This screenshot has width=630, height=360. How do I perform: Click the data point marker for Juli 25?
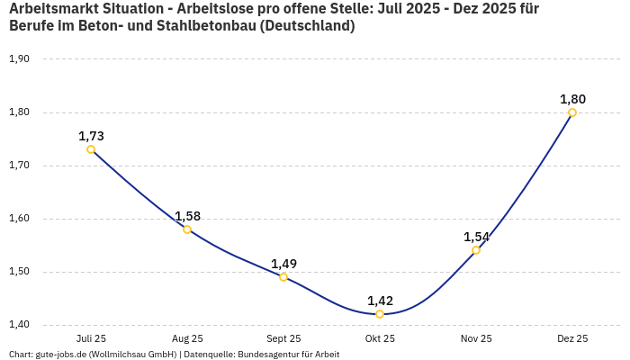pyautogui.click(x=91, y=149)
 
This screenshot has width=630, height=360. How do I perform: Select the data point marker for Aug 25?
pyautogui.click(x=187, y=229)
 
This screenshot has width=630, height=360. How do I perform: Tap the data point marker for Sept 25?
pyautogui.click(x=283, y=277)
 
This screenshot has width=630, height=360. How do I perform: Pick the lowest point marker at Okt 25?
pyautogui.click(x=380, y=314)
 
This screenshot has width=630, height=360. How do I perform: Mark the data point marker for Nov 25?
pyautogui.click(x=476, y=250)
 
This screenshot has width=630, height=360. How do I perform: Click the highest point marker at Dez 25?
pyautogui.click(x=572, y=112)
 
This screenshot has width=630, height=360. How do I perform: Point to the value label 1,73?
pyautogui.click(x=91, y=136)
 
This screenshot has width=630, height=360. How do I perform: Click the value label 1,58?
pyautogui.click(x=187, y=216)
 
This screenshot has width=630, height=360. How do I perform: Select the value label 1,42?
pyautogui.click(x=380, y=301)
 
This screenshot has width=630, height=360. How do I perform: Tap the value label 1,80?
pyautogui.click(x=572, y=99)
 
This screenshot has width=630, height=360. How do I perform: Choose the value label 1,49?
pyautogui.click(x=283, y=264)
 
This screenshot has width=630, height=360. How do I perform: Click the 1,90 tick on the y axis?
pyautogui.click(x=19, y=59)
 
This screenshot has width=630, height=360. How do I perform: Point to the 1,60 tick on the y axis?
pyautogui.click(x=19, y=219)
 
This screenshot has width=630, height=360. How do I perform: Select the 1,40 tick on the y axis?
pyautogui.click(x=19, y=325)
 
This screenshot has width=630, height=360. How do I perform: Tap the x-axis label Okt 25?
pyautogui.click(x=380, y=338)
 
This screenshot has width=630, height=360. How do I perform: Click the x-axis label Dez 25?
pyautogui.click(x=572, y=338)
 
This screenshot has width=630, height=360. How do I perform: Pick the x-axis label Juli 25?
pyautogui.click(x=91, y=338)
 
